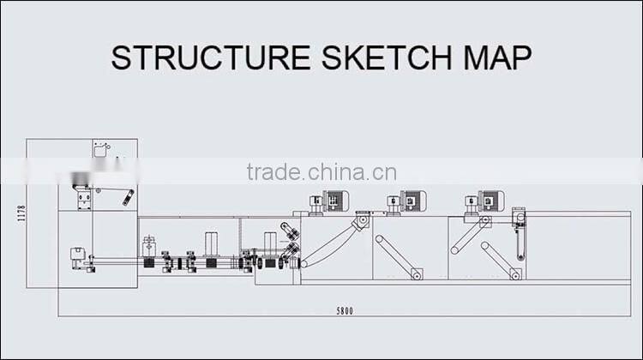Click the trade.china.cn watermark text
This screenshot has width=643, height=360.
(321, 171)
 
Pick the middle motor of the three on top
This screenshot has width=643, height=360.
(409, 201)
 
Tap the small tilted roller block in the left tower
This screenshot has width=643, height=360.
(129, 196)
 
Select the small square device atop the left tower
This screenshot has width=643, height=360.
(100, 149)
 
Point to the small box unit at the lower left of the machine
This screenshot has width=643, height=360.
(76, 255)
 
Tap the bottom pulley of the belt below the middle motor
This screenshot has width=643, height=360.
(417, 274)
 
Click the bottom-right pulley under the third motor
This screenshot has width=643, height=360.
(514, 274)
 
